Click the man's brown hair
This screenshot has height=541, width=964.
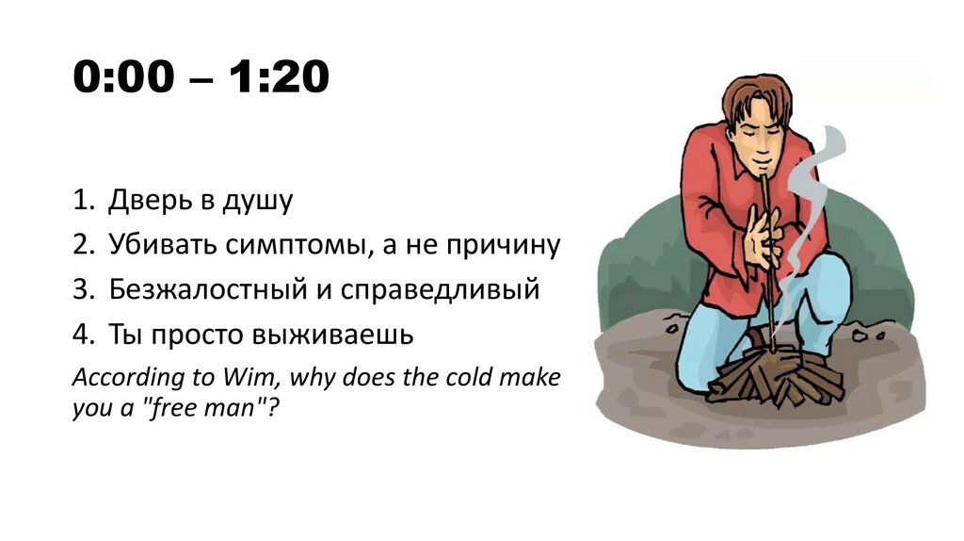(x=752, y=94)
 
